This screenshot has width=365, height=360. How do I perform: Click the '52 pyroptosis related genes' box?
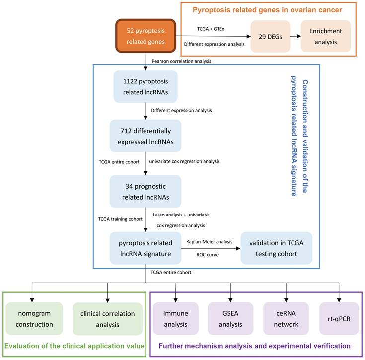click(145, 36)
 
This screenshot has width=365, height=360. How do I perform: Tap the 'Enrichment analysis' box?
click(325, 36)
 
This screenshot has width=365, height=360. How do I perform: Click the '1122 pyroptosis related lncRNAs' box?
click(145, 86)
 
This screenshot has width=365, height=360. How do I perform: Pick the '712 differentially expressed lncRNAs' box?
click(145, 136)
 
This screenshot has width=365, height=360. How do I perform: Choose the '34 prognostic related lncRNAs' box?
click(145, 192)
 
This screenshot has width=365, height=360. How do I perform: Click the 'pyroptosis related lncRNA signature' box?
click(145, 247)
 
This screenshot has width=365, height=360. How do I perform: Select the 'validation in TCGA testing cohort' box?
click(277, 247)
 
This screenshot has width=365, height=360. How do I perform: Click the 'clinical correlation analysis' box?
click(107, 318)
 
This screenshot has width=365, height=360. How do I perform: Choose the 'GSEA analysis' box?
click(230, 318)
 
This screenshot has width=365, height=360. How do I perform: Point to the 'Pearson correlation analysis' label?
click(182, 61)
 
